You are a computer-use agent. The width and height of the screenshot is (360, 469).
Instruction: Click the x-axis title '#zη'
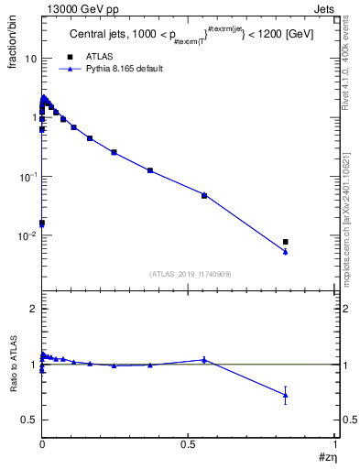pyautogui.click(x=326, y=457)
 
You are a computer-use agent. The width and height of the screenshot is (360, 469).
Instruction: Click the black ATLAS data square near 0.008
pyautogui.click(x=286, y=242)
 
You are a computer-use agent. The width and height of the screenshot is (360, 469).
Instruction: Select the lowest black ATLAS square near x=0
pyautogui.click(x=41, y=223)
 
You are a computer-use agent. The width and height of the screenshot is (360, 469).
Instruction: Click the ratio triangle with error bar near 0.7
pyautogui.click(x=286, y=396)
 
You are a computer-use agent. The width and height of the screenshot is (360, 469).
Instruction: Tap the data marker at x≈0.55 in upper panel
pyautogui.click(x=204, y=195)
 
